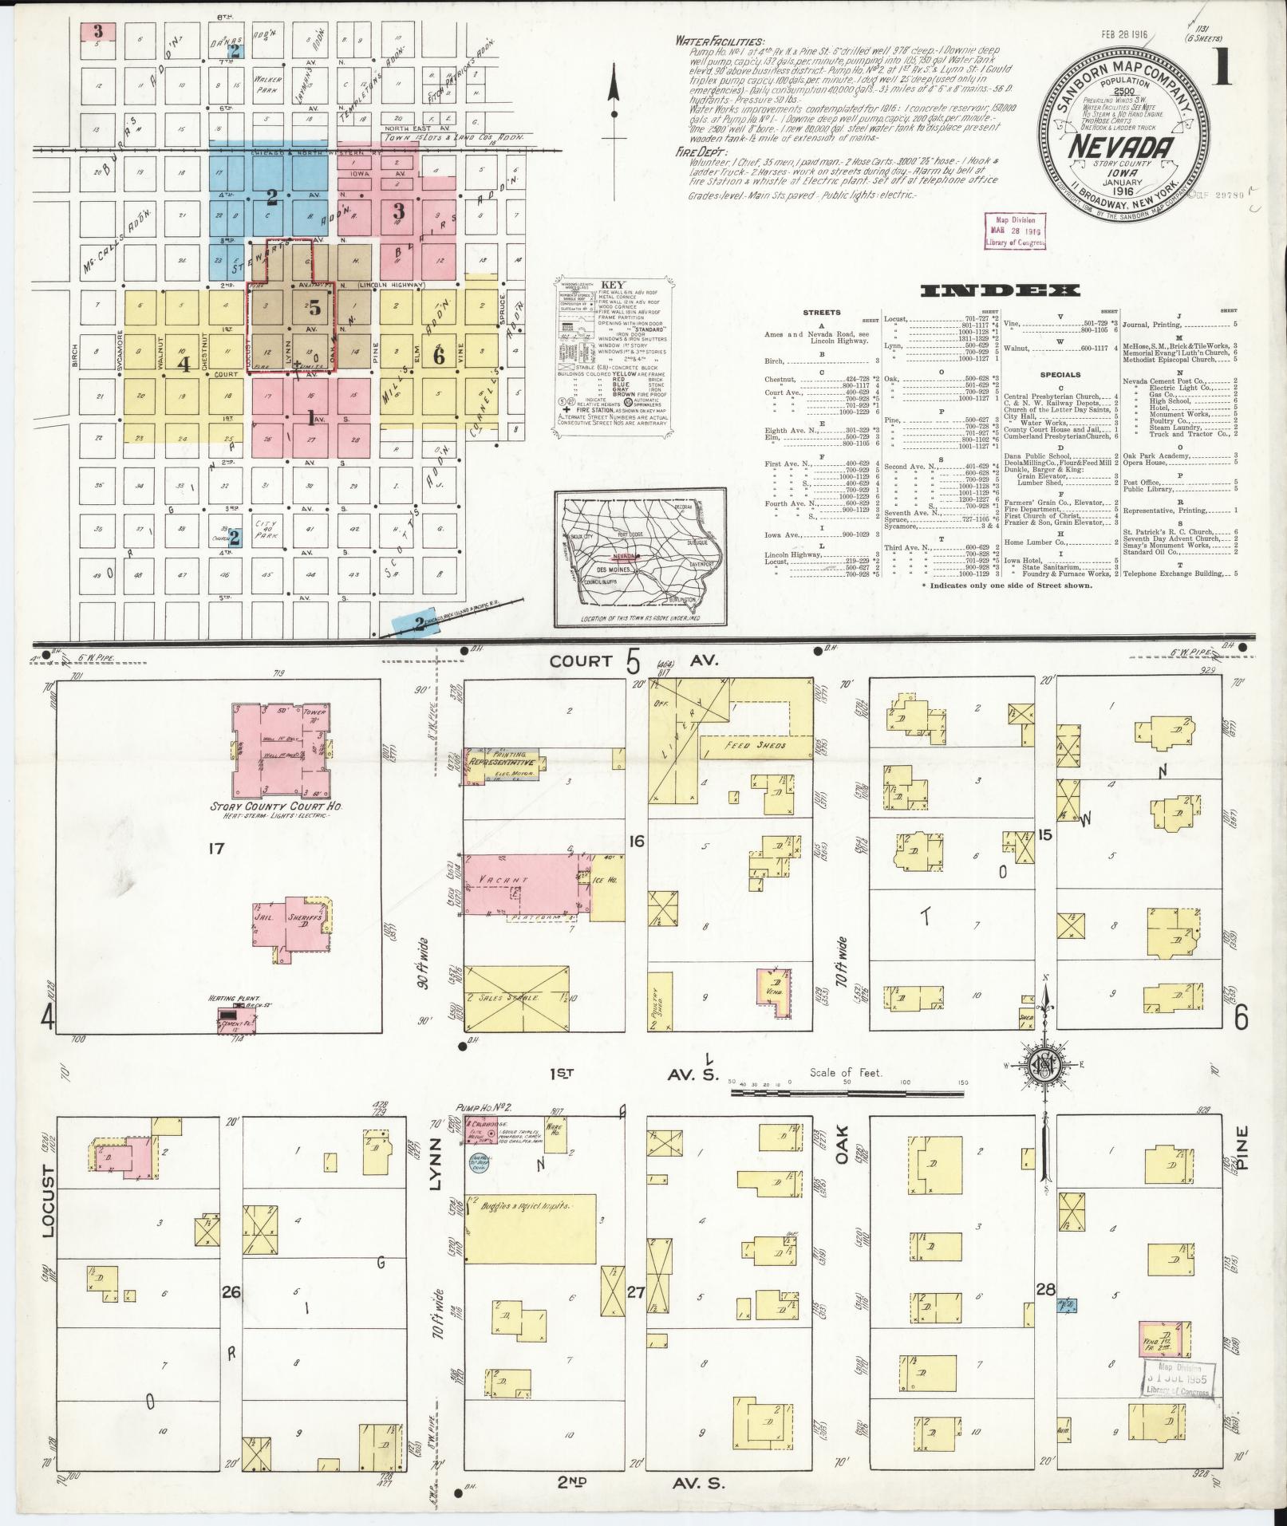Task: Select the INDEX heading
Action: click(x=1000, y=291)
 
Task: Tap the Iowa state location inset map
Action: click(x=641, y=558)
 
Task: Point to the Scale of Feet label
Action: click(x=847, y=1073)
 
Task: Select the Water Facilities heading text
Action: click(x=718, y=41)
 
